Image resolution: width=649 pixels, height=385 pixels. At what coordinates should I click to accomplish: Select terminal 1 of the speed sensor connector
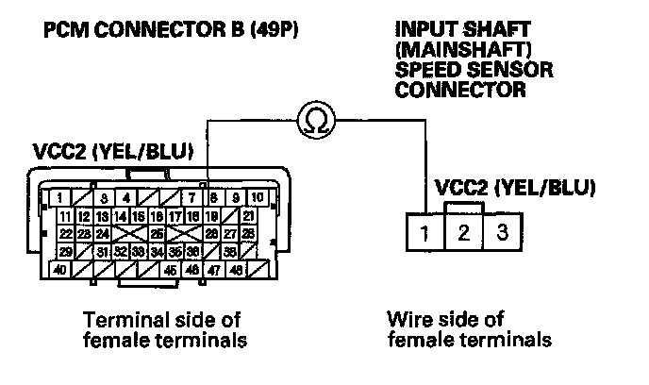425,232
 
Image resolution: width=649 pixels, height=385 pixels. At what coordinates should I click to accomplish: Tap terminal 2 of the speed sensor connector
463,232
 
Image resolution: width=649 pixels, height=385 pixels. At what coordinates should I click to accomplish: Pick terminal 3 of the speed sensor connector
501,232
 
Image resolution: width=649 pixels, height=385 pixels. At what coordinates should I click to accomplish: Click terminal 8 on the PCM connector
214,198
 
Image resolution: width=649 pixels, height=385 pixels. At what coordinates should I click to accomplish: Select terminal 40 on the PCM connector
58,270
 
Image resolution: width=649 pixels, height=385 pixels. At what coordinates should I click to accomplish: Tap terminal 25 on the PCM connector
157,234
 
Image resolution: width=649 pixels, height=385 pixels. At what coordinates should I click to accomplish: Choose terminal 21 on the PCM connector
248,216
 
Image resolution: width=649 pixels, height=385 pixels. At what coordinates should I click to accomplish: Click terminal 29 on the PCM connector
64,252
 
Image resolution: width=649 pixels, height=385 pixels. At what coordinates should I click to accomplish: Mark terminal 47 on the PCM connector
213,270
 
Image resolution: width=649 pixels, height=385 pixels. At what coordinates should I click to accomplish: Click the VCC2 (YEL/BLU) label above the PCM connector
111,151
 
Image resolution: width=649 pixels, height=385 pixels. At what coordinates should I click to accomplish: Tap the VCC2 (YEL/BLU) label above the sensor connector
514,187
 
